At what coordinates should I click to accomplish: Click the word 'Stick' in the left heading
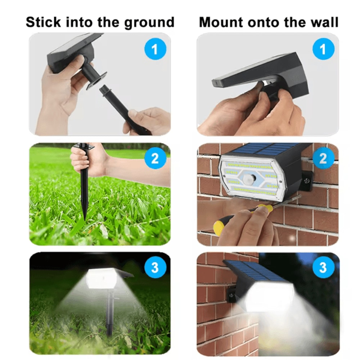[x=44, y=22]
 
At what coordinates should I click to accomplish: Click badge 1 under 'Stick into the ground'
[x=155, y=49]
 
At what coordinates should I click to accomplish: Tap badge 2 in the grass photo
[x=155, y=158]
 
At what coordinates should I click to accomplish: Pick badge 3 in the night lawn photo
[x=155, y=268]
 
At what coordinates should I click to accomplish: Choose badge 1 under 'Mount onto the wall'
[x=323, y=49]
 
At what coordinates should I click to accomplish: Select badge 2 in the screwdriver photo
[x=323, y=158]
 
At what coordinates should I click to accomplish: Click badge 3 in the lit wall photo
[x=323, y=268]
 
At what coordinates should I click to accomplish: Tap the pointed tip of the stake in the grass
[x=85, y=219]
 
